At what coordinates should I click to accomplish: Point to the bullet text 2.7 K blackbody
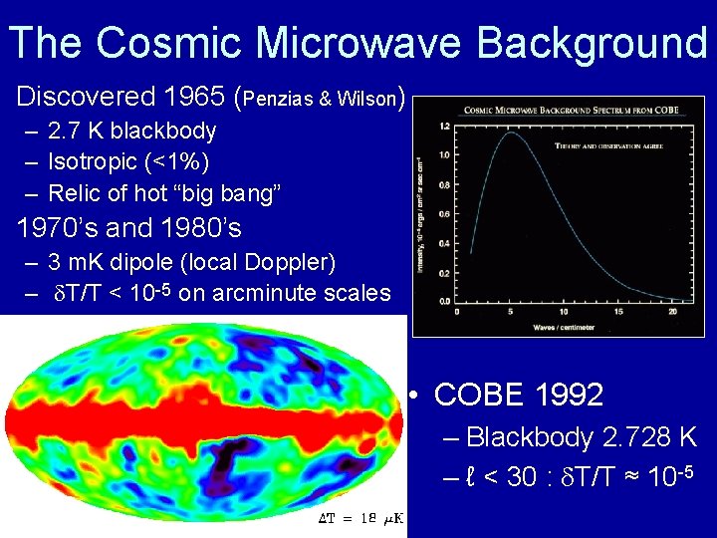(x=131, y=131)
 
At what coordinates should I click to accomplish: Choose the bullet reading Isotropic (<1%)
(x=128, y=161)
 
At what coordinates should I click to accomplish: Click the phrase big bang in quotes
(x=236, y=192)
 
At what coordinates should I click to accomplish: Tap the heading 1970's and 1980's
(x=129, y=228)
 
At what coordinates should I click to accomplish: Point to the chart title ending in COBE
(x=557, y=110)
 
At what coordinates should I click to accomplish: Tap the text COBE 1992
(x=519, y=395)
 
